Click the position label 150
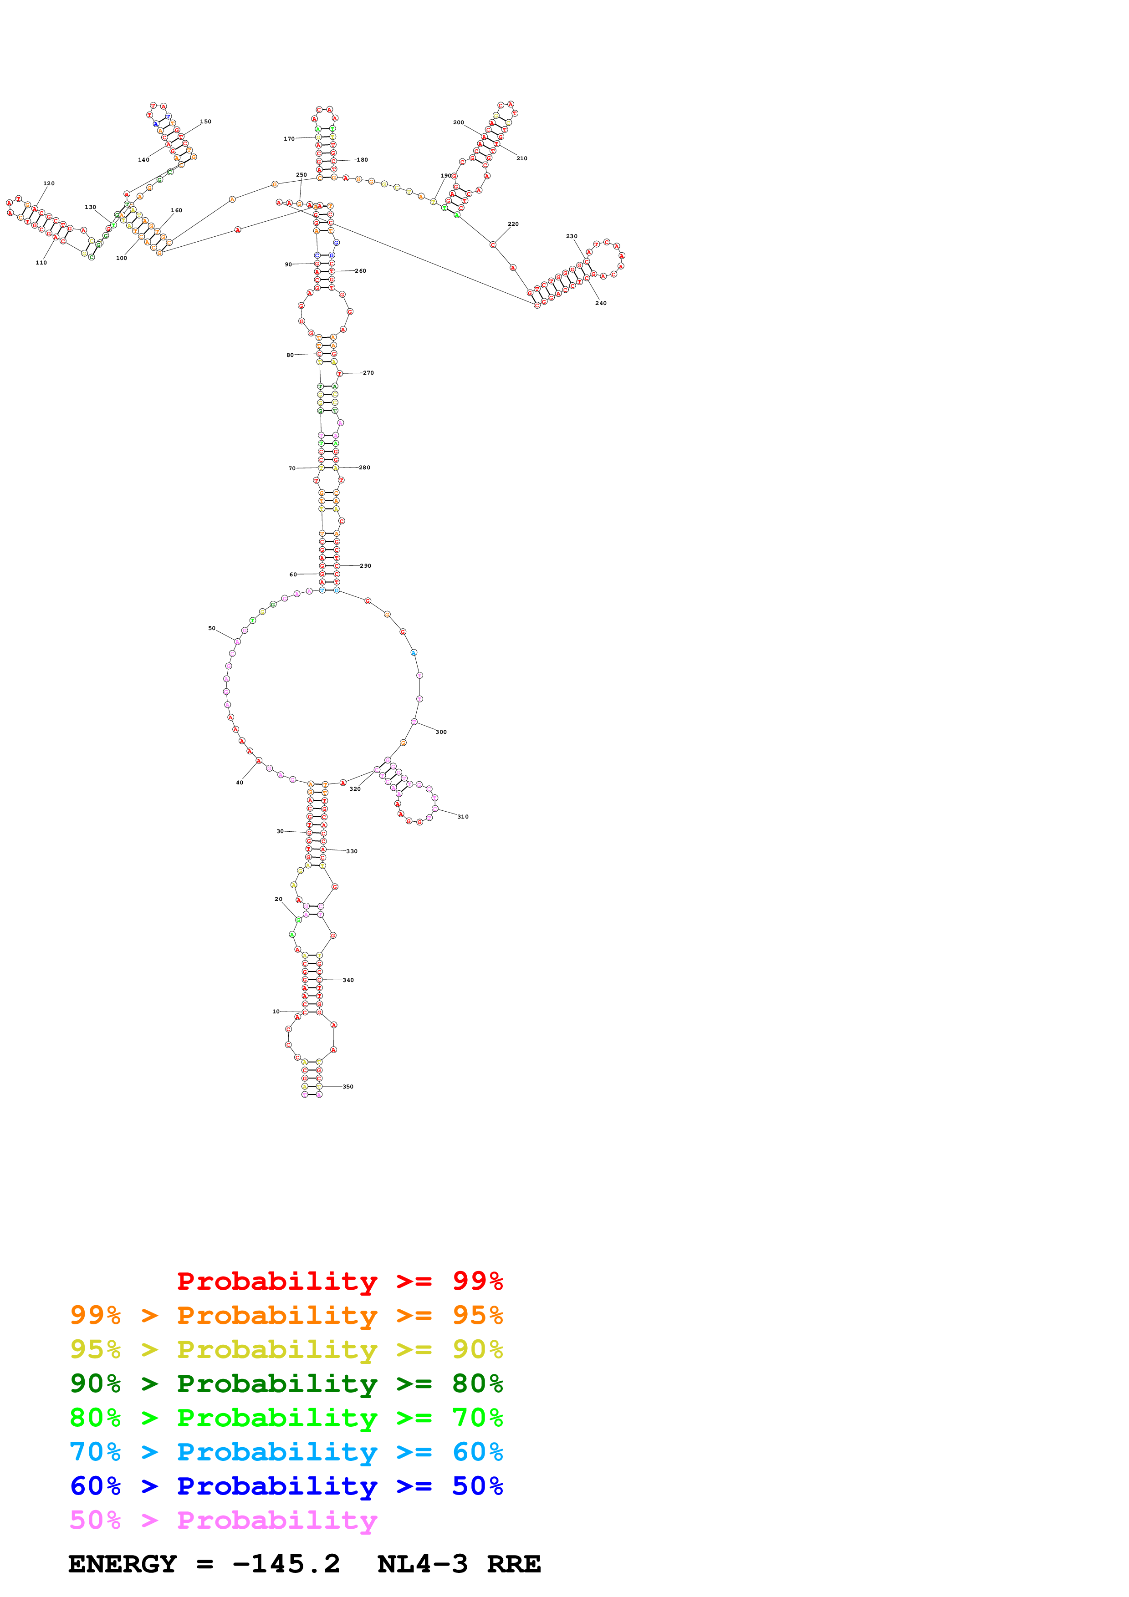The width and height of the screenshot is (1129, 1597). tap(205, 122)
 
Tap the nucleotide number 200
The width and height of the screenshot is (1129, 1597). tap(459, 122)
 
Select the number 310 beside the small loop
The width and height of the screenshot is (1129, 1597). tap(463, 817)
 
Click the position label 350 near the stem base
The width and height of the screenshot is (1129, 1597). tap(348, 1087)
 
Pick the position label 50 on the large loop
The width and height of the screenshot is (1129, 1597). tap(211, 628)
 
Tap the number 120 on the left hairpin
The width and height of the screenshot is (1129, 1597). tap(49, 183)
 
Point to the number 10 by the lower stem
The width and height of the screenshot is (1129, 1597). tap(276, 1012)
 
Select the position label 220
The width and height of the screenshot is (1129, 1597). tap(513, 224)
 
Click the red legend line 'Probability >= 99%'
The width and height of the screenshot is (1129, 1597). tap(339, 1281)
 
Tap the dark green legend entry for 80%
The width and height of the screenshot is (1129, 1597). tap(286, 1383)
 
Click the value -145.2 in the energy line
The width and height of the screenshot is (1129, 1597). tap(286, 1564)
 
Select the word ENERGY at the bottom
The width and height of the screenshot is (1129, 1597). tap(123, 1564)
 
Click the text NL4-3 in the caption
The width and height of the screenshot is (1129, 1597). tap(422, 1564)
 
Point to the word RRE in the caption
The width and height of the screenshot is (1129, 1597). tap(513, 1564)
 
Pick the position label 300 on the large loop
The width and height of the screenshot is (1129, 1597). tap(441, 732)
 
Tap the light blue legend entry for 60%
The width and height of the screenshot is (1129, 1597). tap(286, 1452)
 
